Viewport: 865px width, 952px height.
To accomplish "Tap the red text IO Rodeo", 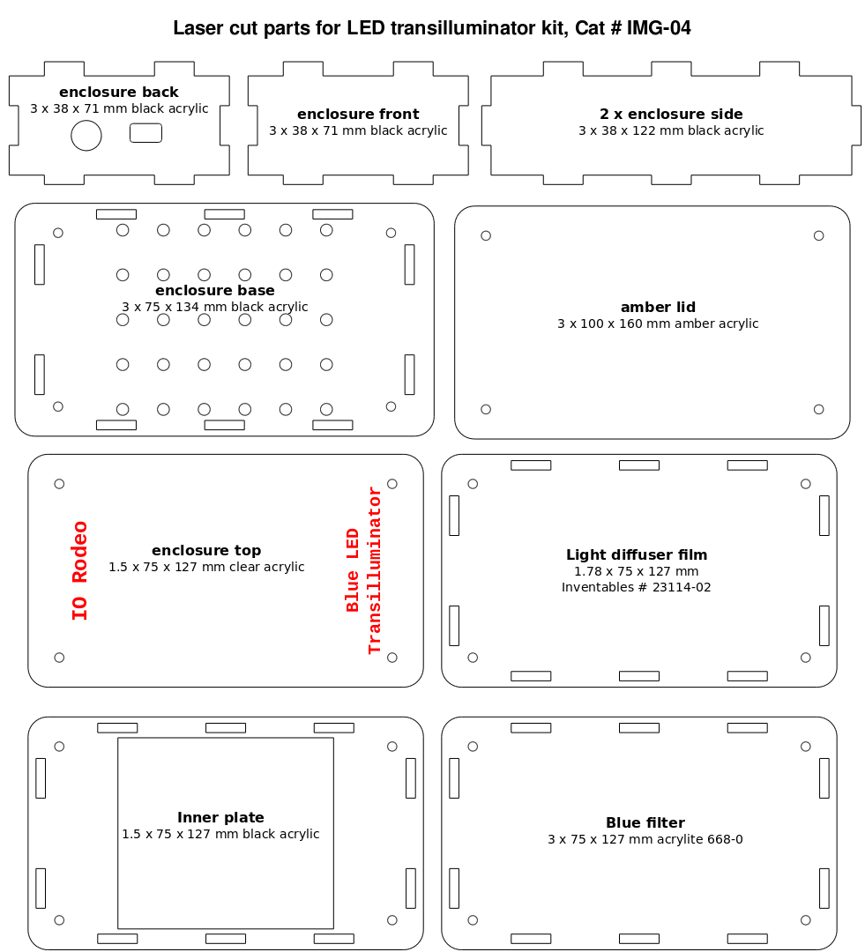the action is (x=79, y=570).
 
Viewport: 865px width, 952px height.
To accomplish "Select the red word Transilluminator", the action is (x=374, y=570).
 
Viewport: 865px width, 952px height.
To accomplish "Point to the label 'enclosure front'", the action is (x=358, y=114).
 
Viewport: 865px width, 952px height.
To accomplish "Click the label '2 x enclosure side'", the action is (x=671, y=114).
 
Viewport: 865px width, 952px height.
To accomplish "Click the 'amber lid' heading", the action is (x=658, y=308).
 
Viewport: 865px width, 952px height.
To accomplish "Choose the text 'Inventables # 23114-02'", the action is (x=636, y=587).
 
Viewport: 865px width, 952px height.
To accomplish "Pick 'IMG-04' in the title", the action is (x=659, y=28).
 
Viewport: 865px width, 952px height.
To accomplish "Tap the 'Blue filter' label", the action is (x=645, y=822).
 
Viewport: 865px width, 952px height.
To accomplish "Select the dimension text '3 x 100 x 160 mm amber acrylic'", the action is (x=658, y=324).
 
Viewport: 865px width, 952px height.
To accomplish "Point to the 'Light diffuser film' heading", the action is (x=637, y=555).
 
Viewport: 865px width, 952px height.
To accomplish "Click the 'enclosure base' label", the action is (x=215, y=290).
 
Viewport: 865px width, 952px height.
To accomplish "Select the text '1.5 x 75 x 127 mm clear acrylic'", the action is (x=206, y=567).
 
